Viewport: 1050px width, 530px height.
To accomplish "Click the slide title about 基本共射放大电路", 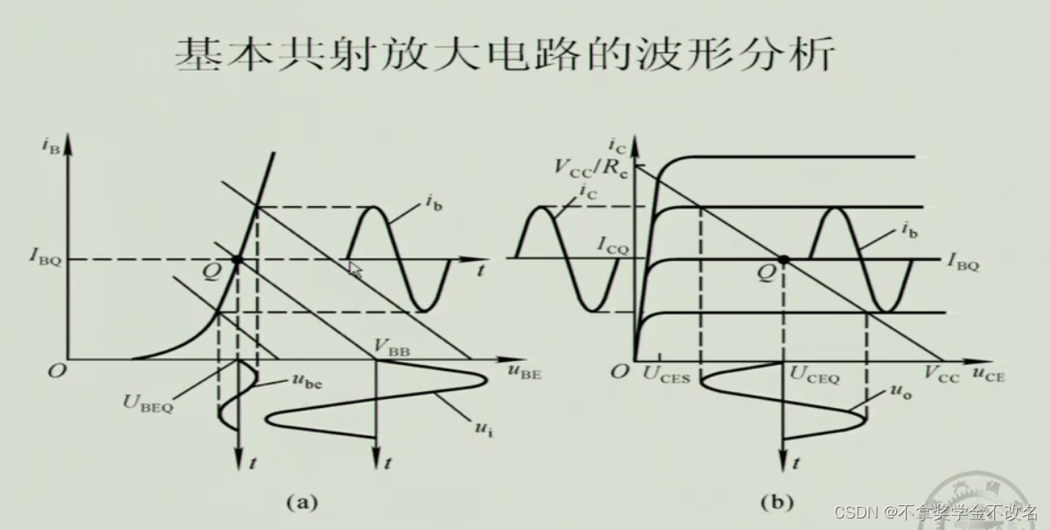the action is [x=504, y=55].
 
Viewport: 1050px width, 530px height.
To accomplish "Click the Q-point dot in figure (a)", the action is [x=236, y=259].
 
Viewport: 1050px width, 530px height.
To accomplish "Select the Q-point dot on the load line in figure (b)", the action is [x=783, y=259].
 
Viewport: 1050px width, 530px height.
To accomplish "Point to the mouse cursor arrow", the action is [x=355, y=269].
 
